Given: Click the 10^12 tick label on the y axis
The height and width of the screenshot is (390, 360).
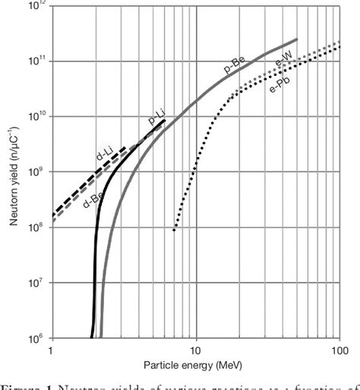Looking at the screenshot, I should click(x=35, y=7).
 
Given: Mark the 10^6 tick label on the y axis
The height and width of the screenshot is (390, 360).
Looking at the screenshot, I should click(x=36, y=338).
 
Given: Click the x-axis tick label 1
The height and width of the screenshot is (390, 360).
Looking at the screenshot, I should click(x=50, y=351).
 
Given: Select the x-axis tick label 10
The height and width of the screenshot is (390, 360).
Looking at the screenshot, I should click(x=196, y=351).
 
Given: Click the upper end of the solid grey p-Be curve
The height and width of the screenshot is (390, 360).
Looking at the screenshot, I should click(x=296, y=39).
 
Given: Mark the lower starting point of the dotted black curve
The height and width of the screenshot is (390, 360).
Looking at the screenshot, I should click(x=174, y=229).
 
